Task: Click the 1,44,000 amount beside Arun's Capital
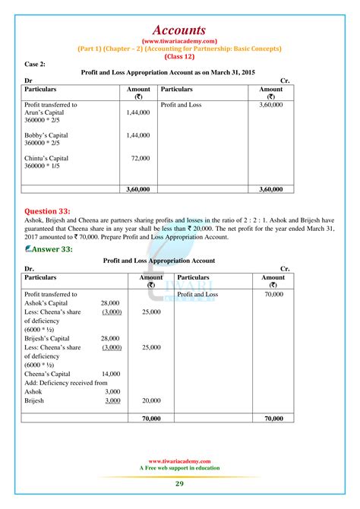[138, 112]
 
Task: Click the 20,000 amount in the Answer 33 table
[150, 400]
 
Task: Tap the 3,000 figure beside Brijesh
[112, 400]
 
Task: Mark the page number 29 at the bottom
[180, 483]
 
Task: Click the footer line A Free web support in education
[180, 467]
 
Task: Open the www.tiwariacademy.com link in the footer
[180, 460]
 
